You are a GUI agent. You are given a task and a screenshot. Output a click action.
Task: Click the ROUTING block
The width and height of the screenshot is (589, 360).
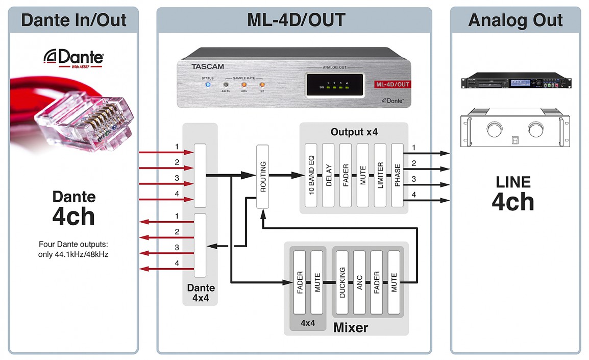(263, 176)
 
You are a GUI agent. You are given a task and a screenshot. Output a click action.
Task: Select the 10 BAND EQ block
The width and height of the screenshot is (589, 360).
(311, 175)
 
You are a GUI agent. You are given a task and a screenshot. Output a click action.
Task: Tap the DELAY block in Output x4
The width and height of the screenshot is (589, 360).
(329, 175)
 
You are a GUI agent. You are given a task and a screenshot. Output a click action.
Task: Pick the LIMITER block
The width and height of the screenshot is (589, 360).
(380, 175)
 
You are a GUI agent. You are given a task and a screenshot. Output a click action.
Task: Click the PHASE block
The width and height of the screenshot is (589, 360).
(397, 175)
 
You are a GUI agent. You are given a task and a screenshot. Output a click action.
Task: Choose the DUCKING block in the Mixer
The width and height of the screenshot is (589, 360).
(342, 282)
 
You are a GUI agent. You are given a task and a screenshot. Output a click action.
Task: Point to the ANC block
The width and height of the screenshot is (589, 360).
(359, 282)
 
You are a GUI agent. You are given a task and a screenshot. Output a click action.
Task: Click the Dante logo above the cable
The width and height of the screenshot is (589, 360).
(75, 57)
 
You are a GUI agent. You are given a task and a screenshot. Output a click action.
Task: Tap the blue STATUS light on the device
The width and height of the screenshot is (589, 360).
(208, 84)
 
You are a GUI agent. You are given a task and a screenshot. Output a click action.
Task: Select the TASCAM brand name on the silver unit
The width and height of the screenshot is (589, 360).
(207, 66)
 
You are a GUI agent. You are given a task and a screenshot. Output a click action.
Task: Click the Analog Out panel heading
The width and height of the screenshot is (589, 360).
(516, 20)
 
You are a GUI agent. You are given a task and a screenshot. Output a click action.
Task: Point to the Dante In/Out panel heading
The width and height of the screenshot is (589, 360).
(73, 20)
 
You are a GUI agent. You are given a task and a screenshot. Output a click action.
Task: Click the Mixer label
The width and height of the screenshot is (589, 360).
(350, 327)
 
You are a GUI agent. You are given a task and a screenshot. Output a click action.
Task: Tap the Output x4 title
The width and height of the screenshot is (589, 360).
(354, 132)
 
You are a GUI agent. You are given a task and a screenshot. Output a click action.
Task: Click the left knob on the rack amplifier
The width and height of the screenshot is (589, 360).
(494, 130)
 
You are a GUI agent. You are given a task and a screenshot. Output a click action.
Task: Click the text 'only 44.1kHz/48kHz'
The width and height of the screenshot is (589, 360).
(73, 254)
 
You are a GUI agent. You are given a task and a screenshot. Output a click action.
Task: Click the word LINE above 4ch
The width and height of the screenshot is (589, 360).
(513, 182)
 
